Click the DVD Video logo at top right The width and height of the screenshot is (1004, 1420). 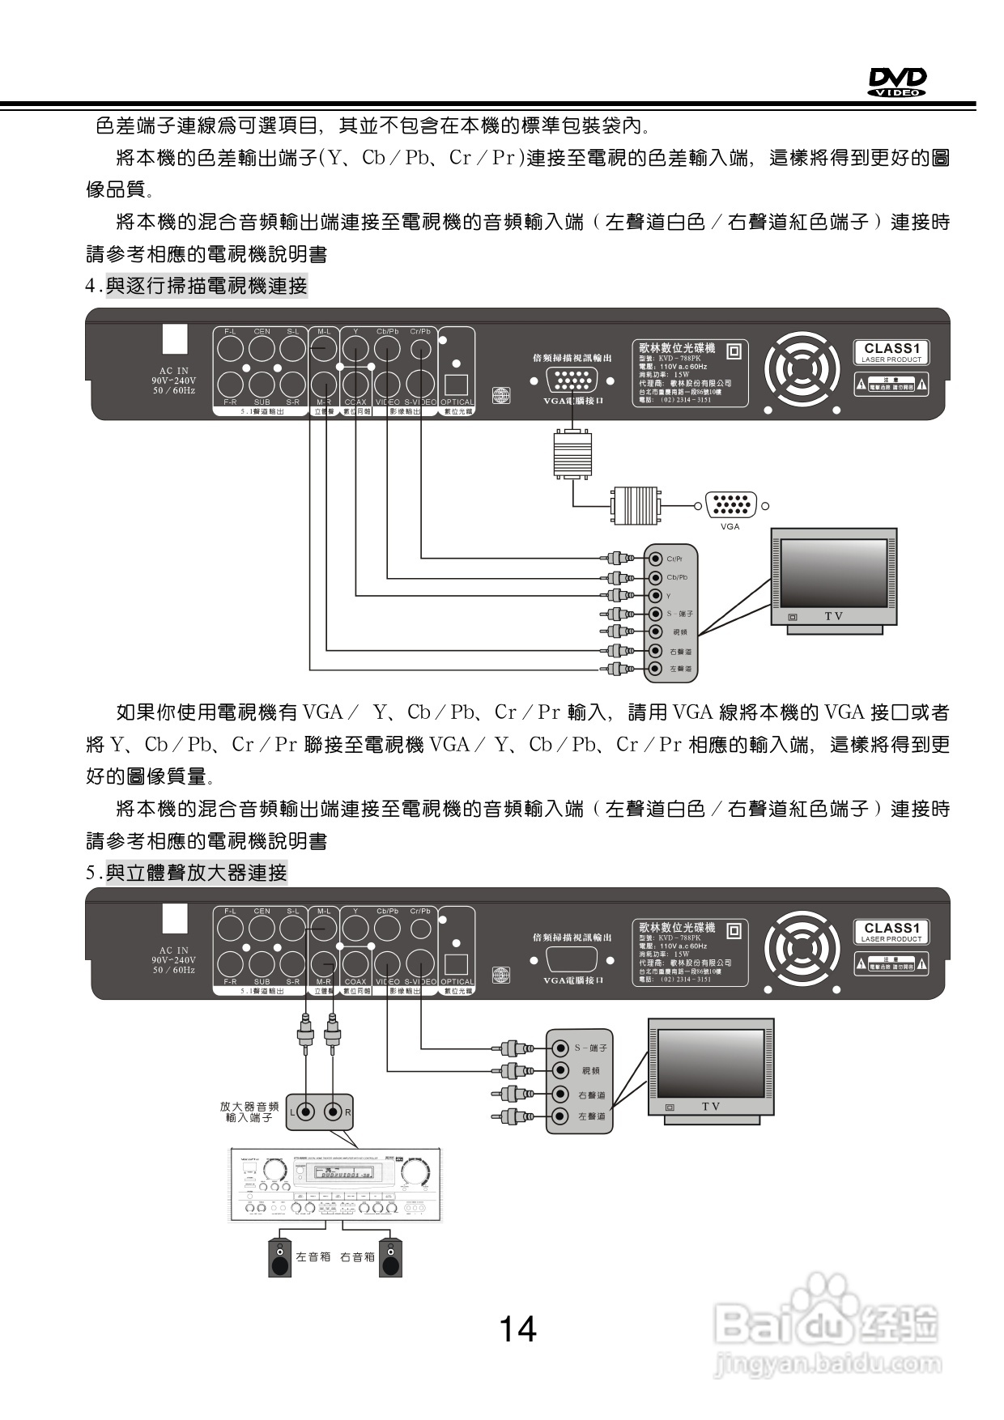point(897,82)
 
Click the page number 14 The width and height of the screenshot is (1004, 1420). point(517,1329)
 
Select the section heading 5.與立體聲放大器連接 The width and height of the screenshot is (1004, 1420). point(187,873)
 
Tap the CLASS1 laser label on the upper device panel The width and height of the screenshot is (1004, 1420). point(891,352)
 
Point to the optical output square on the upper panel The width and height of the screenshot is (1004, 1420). point(457,385)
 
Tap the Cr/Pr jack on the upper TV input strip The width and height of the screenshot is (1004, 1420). point(655,559)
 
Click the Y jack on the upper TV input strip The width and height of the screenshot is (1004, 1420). point(655,596)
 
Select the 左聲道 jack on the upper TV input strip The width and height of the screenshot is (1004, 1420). point(655,669)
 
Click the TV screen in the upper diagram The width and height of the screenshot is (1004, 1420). point(833,572)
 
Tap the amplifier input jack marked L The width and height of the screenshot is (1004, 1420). point(306,1112)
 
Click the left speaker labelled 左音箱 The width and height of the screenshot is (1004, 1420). point(280,1258)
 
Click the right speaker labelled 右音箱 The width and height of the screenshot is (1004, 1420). point(391,1258)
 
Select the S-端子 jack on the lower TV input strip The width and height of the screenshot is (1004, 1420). point(559,1048)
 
